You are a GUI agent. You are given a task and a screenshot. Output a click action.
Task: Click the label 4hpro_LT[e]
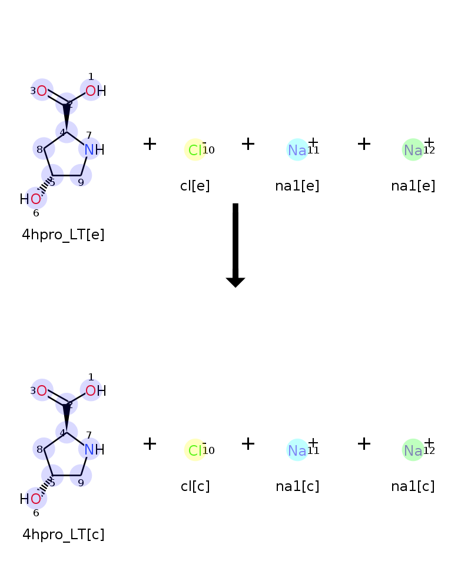click(x=63, y=235)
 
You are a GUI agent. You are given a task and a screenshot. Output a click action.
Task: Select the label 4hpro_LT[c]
click(x=64, y=534)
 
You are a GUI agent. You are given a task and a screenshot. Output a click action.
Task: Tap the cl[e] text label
click(x=195, y=186)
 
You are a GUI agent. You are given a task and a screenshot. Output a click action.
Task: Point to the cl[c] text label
click(x=195, y=486)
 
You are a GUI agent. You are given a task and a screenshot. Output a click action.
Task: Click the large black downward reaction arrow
click(x=235, y=245)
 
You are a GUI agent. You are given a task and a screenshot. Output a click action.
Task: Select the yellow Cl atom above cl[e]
click(x=195, y=149)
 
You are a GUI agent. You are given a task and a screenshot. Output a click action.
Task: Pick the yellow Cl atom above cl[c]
click(x=195, y=450)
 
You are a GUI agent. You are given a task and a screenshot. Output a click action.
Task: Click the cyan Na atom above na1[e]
click(x=297, y=149)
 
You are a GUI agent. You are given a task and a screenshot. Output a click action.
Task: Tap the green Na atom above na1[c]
click(x=413, y=450)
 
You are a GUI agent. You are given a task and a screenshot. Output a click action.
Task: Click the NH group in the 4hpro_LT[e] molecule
click(x=94, y=149)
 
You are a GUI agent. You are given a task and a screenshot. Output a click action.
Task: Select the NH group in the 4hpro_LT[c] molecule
click(x=94, y=450)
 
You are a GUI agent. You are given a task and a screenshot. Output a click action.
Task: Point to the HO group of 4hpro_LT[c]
click(x=31, y=499)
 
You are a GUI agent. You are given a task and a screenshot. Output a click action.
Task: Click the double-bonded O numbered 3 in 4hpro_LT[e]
click(x=42, y=91)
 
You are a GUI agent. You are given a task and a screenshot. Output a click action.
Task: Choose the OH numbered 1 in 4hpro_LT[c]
click(x=96, y=391)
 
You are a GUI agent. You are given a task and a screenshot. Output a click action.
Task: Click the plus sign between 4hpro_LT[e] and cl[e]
click(x=150, y=143)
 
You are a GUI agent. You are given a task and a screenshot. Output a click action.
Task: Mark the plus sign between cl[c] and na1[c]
click(x=248, y=443)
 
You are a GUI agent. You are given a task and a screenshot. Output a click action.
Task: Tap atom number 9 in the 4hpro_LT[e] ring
click(x=81, y=175)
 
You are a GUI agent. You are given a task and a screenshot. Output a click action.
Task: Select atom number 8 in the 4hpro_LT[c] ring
click(x=44, y=449)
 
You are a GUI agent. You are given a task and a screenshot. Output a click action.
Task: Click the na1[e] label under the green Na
click(x=413, y=186)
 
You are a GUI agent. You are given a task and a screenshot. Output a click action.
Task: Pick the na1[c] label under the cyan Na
click(x=297, y=486)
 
